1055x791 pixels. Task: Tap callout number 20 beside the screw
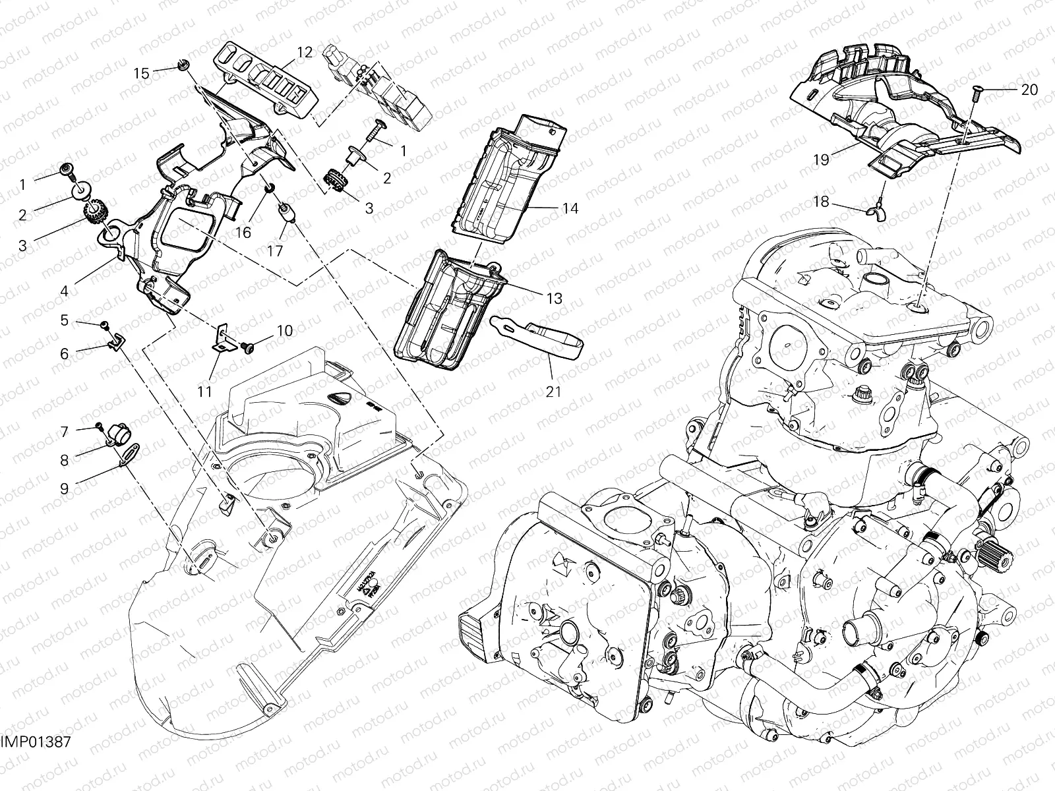click(1029, 90)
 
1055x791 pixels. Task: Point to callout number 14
click(570, 208)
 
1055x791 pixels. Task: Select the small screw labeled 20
click(977, 97)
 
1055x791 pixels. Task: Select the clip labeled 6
click(115, 341)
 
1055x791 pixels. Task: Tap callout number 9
click(64, 489)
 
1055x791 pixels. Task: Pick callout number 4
click(64, 291)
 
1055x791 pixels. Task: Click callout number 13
click(555, 299)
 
